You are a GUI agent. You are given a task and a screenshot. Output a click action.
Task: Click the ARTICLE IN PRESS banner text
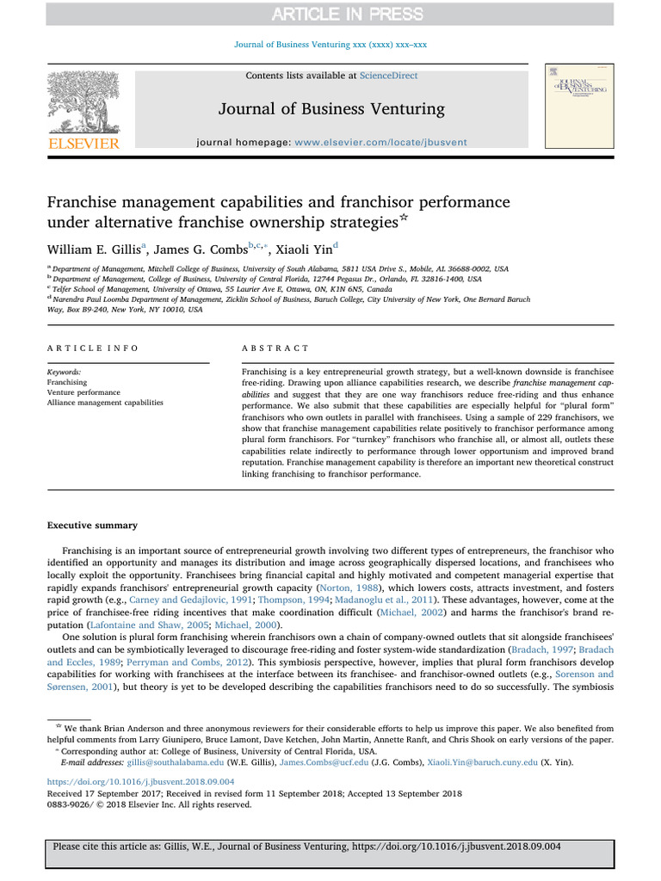[x=330, y=13]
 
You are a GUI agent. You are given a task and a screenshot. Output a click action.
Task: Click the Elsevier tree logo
[x=83, y=103]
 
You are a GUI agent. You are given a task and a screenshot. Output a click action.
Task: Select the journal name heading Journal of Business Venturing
[x=330, y=108]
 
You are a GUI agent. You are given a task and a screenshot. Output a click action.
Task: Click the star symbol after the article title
[x=404, y=219]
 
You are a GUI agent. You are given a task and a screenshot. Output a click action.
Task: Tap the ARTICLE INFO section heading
[x=92, y=348]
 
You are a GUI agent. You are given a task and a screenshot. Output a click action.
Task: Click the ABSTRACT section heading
[x=276, y=348]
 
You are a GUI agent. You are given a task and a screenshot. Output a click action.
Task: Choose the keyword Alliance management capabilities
[x=105, y=402]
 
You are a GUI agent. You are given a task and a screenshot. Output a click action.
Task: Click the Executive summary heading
[x=91, y=525]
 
